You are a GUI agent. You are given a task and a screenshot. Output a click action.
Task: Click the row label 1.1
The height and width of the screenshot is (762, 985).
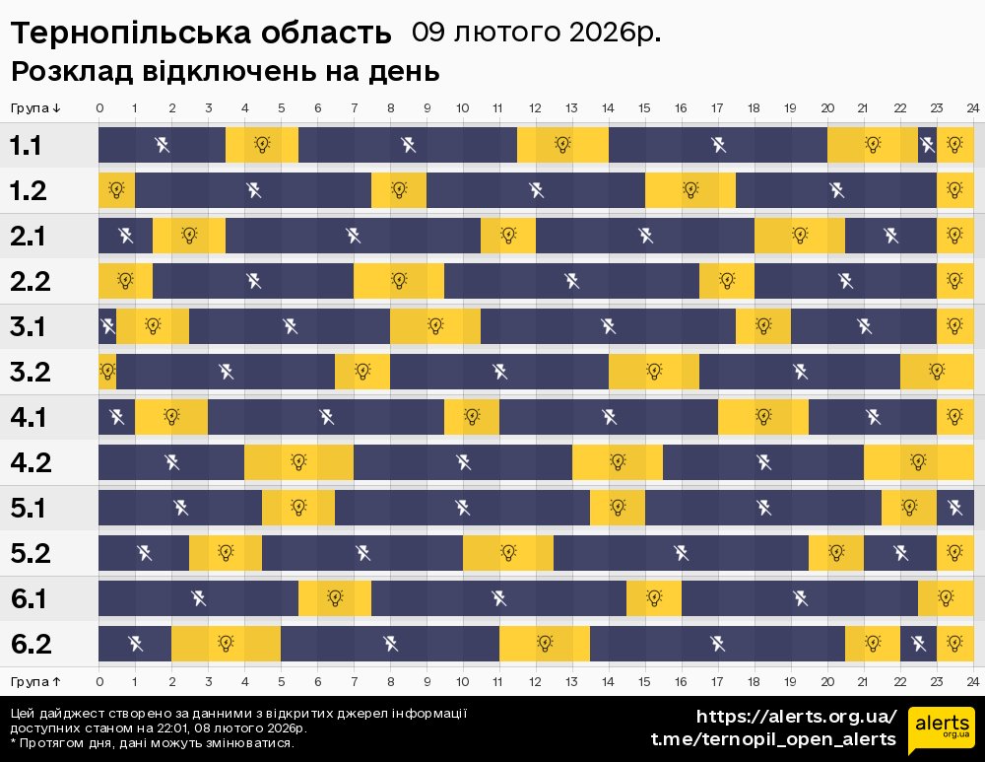pos(26,146)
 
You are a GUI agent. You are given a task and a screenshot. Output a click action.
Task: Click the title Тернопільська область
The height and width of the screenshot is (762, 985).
pos(201,34)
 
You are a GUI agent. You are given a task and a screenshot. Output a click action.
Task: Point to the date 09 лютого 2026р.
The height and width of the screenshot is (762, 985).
pos(536,33)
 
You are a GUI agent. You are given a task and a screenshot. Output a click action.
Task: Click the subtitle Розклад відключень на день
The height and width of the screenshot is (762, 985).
pos(225,72)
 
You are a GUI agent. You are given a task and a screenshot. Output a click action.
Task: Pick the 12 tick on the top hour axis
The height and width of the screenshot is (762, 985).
pos(535,107)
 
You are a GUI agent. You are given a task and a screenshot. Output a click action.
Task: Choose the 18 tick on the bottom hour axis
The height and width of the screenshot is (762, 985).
pos(754,681)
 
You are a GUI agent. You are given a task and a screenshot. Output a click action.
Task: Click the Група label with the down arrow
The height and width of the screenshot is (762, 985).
pos(35,107)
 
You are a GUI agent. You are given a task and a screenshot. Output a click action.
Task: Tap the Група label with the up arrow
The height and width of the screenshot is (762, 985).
pos(35,681)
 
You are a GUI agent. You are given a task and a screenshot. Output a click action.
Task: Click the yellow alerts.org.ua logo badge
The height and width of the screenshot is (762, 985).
pos(941,730)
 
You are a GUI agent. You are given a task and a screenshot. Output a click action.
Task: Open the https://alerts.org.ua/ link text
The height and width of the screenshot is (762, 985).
pos(796,717)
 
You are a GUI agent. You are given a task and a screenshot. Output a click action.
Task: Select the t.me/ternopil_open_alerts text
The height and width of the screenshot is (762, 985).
pos(773,739)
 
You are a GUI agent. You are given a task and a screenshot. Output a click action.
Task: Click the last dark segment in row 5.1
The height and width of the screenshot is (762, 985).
pos(954,508)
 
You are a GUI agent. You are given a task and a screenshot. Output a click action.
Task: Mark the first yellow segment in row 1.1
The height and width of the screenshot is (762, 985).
pos(262,145)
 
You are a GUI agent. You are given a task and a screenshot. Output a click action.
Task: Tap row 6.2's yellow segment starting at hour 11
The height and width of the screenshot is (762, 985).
pos(545,644)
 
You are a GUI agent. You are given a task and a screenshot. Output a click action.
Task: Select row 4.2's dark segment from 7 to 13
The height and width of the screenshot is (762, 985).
pos(463,462)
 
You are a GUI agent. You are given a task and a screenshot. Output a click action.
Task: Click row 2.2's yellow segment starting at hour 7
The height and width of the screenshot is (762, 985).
pos(399,281)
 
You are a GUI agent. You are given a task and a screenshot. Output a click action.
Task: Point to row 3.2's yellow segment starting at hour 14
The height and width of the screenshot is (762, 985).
pos(654,372)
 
